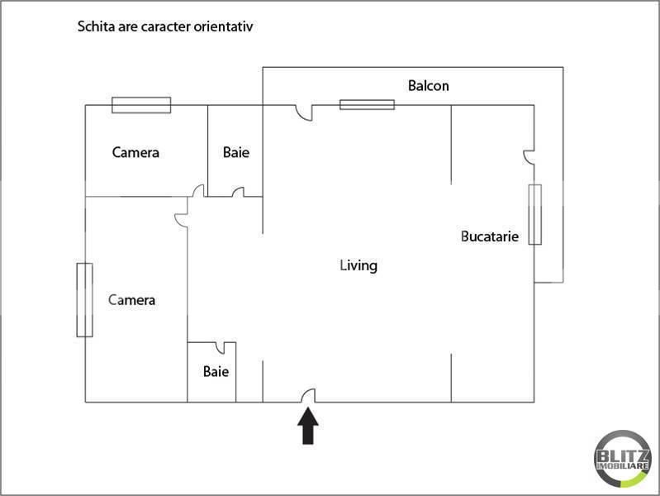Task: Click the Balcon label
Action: (429, 85)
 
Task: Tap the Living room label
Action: (358, 265)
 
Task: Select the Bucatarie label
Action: (489, 236)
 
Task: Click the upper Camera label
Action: (135, 152)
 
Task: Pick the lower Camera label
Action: (132, 299)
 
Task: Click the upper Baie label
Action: (235, 152)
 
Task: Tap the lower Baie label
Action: (216, 371)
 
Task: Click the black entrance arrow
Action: (308, 427)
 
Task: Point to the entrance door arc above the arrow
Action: (308, 396)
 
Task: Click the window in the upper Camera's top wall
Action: (141, 105)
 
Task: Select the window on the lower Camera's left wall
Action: (84, 299)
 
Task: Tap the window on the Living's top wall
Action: (367, 104)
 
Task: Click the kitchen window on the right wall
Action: (534, 214)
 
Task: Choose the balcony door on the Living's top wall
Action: (306, 113)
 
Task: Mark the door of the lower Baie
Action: (221, 347)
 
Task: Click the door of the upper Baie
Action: (238, 193)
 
